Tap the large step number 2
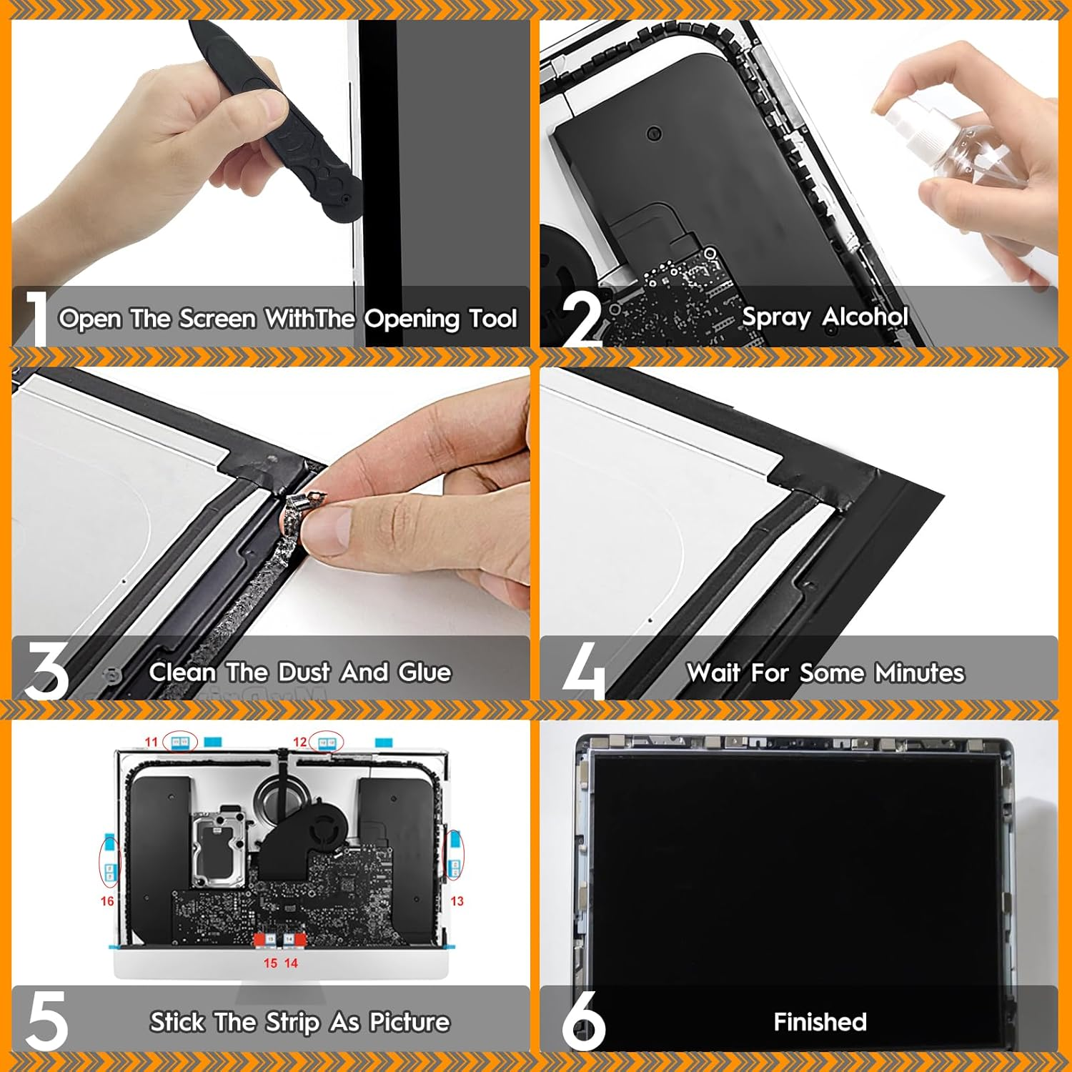click(582, 319)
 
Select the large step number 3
click(46, 670)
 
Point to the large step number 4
click(584, 670)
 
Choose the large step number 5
click(47, 1021)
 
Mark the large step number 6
click(583, 1021)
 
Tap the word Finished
click(820, 1022)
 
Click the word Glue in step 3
click(425, 673)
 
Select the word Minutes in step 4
click(920, 673)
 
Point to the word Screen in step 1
click(217, 319)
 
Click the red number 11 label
click(151, 742)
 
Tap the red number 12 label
click(300, 742)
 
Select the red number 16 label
click(107, 901)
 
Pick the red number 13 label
click(457, 901)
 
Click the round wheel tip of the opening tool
click(342, 204)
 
